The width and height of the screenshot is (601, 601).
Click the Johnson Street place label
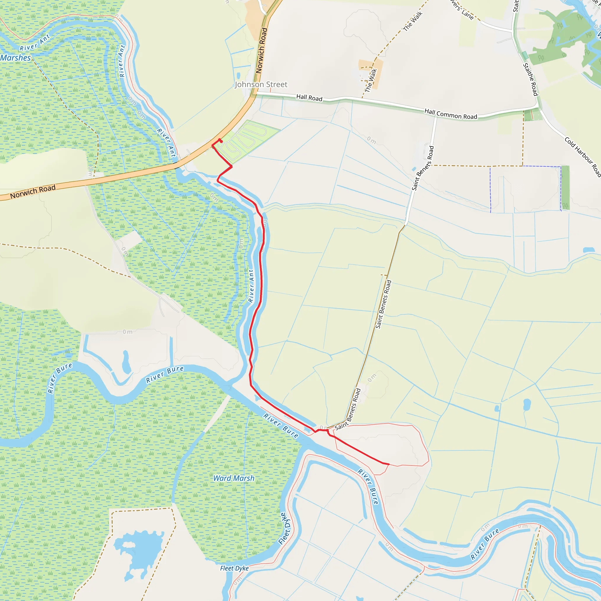click(x=261, y=85)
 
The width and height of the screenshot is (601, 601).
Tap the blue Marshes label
click(x=16, y=58)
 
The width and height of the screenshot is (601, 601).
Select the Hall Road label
click(x=309, y=98)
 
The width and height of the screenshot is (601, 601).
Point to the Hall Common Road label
click(x=450, y=114)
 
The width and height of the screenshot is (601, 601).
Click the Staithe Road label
click(x=530, y=79)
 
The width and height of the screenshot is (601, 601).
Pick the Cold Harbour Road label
click(x=583, y=157)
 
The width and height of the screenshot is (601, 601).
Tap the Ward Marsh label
click(x=234, y=478)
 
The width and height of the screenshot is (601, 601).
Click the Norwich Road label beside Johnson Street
click(x=261, y=50)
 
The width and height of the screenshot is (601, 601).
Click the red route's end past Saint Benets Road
click(x=389, y=464)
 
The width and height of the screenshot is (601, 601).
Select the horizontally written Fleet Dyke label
click(x=234, y=568)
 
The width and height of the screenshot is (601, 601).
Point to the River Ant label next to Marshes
click(x=35, y=43)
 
